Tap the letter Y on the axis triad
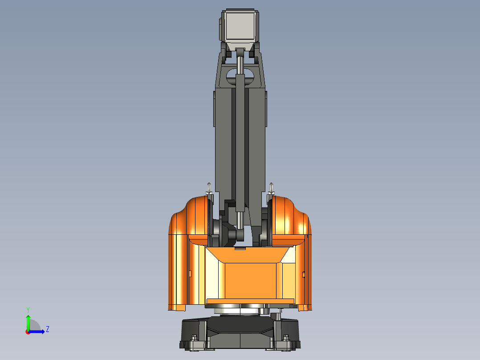point(28,309)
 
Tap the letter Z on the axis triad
point(47,329)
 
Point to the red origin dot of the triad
point(28,331)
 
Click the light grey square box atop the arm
point(240,25)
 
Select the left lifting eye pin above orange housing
point(208,188)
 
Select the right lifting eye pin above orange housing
point(272,188)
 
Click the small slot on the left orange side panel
point(190,273)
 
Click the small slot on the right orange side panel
point(304,274)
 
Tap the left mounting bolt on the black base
point(194,343)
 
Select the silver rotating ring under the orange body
point(240,310)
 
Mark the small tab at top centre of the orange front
point(240,249)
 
